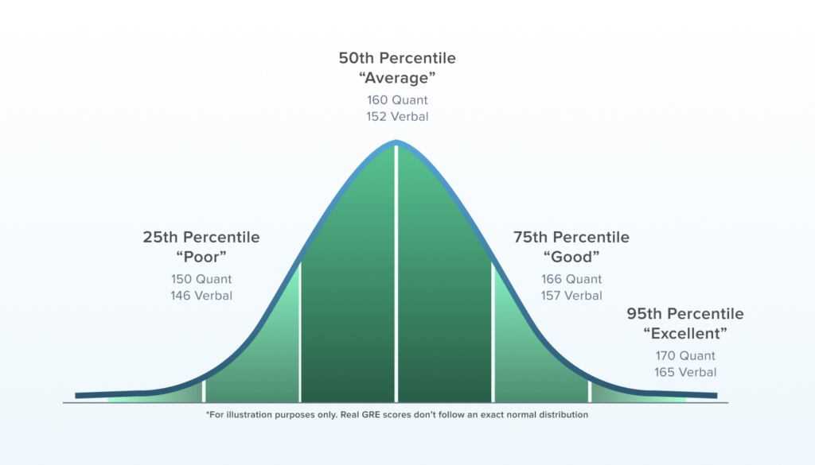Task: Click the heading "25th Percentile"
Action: (x=201, y=237)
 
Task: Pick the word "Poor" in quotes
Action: (x=201, y=257)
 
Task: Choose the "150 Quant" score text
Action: (x=201, y=279)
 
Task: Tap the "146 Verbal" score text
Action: (x=201, y=296)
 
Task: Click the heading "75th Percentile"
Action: (x=571, y=237)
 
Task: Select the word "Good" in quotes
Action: (x=571, y=257)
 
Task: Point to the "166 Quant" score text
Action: (x=571, y=279)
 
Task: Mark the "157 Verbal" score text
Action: (x=571, y=296)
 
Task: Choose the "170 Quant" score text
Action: (x=685, y=356)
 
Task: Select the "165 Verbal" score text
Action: (x=685, y=372)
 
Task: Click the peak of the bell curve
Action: (x=396, y=143)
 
